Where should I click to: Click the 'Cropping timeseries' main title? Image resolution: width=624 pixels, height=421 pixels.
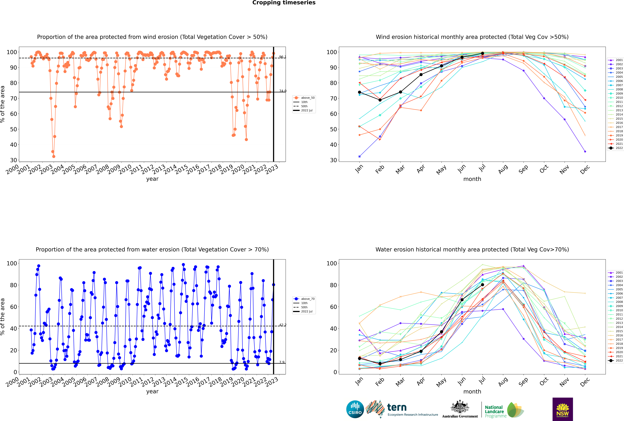tap(284, 3)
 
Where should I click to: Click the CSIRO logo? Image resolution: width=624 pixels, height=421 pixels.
tap(355, 409)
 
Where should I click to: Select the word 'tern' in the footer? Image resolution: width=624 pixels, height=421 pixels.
tap(397, 407)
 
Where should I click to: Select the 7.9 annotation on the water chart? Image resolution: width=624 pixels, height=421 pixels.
tap(282, 362)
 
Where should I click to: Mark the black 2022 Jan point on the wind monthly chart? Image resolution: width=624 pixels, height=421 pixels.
tap(360, 92)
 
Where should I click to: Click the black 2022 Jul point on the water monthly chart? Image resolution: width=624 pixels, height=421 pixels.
tap(482, 285)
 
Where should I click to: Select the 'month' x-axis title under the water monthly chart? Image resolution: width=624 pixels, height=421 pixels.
tap(472, 391)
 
